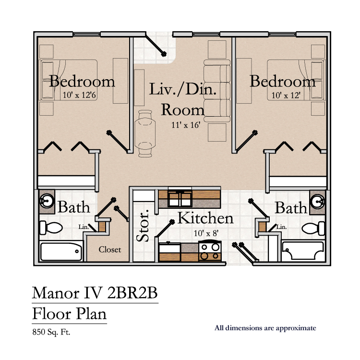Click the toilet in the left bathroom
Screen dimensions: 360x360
point(51,228)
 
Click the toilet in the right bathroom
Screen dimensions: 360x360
point(313,228)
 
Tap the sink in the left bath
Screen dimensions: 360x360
point(47,201)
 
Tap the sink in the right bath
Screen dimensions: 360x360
point(317,202)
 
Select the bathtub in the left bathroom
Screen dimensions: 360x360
point(61,251)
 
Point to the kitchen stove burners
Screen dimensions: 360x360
point(210,251)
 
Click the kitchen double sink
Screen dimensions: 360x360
point(180,198)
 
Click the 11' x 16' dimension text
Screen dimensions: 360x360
point(186,125)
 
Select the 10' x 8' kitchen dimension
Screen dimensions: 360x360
point(206,233)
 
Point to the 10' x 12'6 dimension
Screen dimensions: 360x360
point(79,95)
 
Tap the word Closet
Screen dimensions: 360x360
point(110,249)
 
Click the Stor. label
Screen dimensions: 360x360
point(143,226)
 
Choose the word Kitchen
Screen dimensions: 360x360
point(205,218)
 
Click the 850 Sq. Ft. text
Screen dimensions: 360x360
point(51,332)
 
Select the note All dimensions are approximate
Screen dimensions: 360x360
point(265,328)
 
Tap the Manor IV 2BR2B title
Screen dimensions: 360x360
point(95,293)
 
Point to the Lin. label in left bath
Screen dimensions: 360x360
point(84,227)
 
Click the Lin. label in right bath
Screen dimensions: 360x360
point(281,227)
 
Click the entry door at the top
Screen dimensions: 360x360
point(156,45)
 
